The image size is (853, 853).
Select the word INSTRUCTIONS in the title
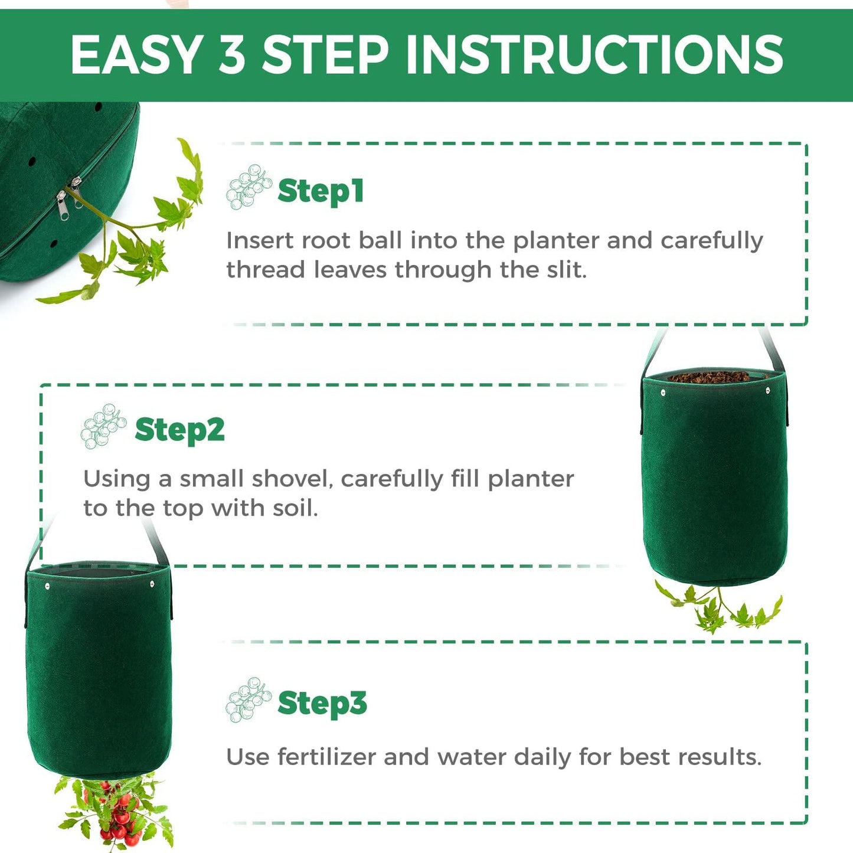point(594,55)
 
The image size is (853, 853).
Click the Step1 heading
point(321,191)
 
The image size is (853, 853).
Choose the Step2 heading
point(179,430)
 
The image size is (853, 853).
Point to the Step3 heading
point(322,703)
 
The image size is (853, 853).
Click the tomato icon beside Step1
point(249,187)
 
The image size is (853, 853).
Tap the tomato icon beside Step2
point(103,426)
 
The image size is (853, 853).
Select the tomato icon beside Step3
point(248,700)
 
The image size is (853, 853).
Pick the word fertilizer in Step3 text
point(326,757)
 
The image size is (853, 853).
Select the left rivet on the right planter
point(663,391)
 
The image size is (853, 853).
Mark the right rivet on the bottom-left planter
point(152,584)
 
